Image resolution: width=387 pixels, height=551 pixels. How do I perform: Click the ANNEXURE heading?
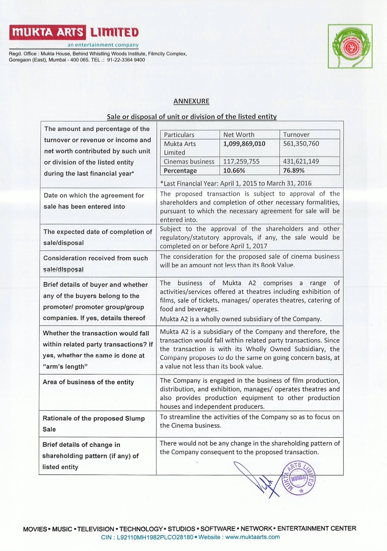pyautogui.click(x=191, y=101)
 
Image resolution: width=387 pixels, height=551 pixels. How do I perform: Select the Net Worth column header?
pyautogui.click(x=239, y=135)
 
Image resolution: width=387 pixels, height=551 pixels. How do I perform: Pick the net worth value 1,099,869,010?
pyautogui.click(x=244, y=144)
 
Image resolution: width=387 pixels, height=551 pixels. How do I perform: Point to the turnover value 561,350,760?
pyautogui.click(x=301, y=144)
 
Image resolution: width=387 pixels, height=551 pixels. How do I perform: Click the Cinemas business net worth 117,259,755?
pyautogui.click(x=241, y=161)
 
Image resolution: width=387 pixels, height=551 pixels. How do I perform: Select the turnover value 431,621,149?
pyautogui.click(x=301, y=161)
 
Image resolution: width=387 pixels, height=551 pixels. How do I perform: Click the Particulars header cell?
pyautogui.click(x=179, y=135)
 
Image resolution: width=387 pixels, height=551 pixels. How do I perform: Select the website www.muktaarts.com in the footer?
pyautogui.click(x=252, y=537)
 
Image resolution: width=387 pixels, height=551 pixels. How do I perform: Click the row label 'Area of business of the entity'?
pyautogui.click(x=89, y=382)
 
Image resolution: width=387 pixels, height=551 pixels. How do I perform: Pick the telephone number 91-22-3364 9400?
pyautogui.click(x=126, y=60)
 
